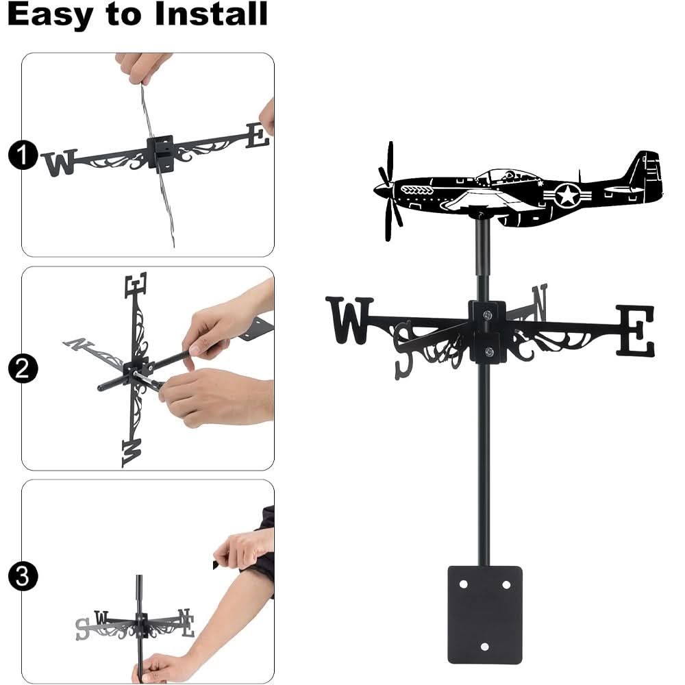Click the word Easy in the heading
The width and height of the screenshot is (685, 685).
click(x=51, y=15)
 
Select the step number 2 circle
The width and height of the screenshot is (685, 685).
click(x=22, y=370)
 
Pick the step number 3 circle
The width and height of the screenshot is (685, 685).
click(x=22, y=575)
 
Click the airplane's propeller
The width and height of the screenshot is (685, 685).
click(x=390, y=188)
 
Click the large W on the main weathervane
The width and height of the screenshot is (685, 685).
click(x=350, y=320)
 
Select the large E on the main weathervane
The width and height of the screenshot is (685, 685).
click(x=635, y=331)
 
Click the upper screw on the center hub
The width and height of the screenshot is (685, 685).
click(x=487, y=315)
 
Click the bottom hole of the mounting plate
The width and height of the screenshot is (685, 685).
click(x=485, y=647)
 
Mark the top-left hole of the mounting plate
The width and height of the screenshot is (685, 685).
click(x=464, y=585)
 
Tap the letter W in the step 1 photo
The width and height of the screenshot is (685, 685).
click(x=60, y=162)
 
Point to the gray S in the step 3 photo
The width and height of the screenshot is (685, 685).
click(x=82, y=629)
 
